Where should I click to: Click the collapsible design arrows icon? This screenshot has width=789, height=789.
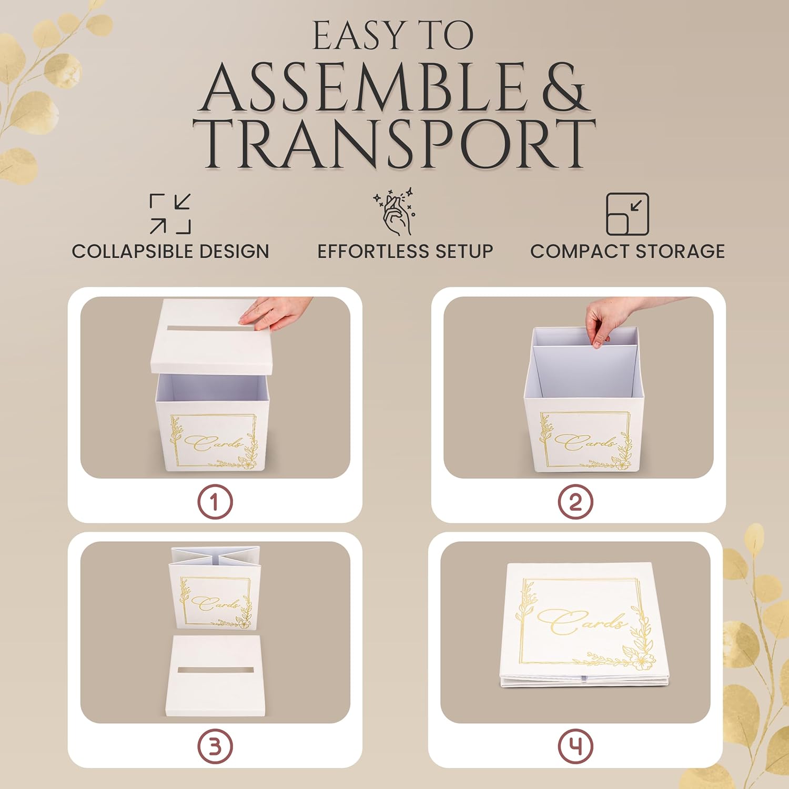[170, 214]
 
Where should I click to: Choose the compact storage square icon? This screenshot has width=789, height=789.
[628, 214]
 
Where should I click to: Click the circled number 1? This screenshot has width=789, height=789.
[215, 502]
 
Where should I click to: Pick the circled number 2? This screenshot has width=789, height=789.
[575, 502]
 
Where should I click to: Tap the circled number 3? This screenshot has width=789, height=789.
[215, 746]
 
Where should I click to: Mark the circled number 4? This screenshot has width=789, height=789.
[575, 746]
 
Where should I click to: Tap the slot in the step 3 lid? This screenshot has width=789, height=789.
[216, 671]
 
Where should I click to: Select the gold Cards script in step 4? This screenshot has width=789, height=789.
[582, 621]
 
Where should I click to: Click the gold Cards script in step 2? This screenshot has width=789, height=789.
[585, 442]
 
